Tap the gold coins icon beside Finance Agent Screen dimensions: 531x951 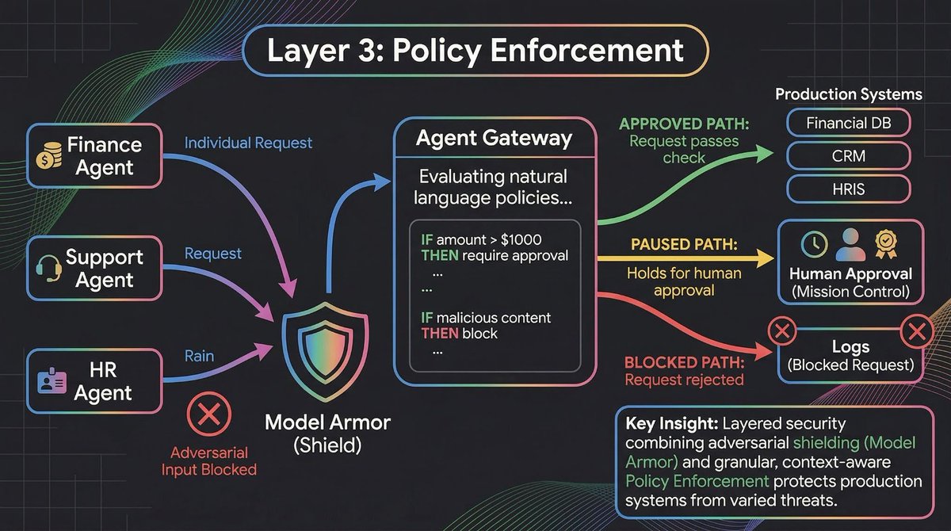(48, 156)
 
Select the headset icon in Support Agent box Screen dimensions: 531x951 (47, 268)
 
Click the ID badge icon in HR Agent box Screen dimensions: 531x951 (48, 381)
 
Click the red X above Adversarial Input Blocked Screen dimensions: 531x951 (209, 414)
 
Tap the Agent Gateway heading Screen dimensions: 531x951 (495, 139)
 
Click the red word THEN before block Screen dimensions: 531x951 (438, 334)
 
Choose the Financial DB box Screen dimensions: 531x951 (848, 123)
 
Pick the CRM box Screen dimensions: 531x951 (848, 157)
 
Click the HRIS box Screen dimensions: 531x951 (848, 190)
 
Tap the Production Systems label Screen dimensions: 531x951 (848, 94)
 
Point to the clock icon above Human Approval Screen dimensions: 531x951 (815, 244)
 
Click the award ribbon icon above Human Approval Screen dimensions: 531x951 (884, 244)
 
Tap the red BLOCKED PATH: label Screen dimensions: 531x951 (684, 363)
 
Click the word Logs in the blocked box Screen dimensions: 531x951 (850, 347)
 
